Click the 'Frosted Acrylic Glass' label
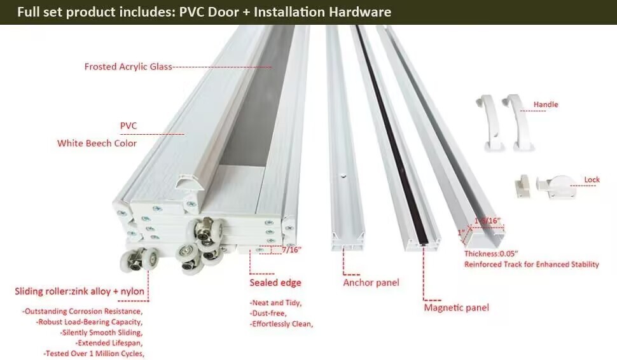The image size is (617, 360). (x=128, y=67)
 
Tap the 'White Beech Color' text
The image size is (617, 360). (x=97, y=143)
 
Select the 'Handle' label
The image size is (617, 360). (x=546, y=104)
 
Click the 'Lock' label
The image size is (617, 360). (x=592, y=180)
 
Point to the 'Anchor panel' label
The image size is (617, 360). (x=371, y=282)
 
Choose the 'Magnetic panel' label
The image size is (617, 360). (x=456, y=308)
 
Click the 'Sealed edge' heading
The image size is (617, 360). (x=275, y=282)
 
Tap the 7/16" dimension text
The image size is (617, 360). (x=291, y=250)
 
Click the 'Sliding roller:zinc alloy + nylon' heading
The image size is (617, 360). (x=80, y=292)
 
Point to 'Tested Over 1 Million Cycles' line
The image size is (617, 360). (x=94, y=353)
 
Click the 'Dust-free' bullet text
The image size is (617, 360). (x=268, y=314)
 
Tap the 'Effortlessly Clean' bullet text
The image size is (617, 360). (x=281, y=324)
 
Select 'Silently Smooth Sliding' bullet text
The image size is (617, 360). (x=101, y=333)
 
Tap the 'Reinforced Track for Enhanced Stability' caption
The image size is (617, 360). (x=531, y=265)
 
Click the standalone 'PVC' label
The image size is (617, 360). (x=128, y=126)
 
